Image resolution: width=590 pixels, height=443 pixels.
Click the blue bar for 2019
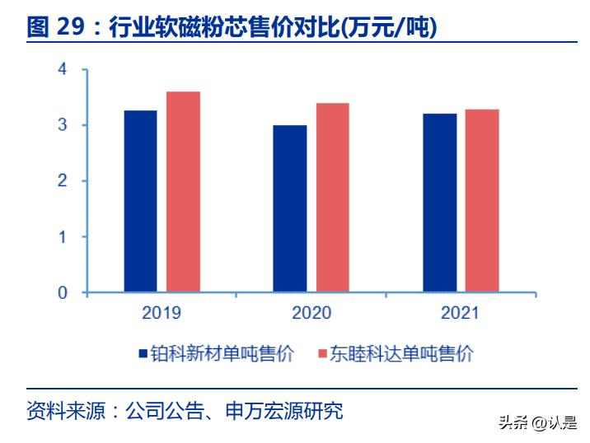tap(140, 202)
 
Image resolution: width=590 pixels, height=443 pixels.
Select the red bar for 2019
tap(183, 192)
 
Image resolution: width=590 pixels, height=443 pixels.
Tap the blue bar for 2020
tap(289, 209)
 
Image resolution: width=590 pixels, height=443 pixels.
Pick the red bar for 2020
tap(332, 198)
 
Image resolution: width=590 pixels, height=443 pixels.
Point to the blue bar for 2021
tap(439, 203)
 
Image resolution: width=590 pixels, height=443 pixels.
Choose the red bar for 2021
tap(482, 201)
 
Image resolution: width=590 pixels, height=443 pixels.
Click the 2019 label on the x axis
tap(162, 313)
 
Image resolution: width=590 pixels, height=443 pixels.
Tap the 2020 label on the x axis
tap(311, 313)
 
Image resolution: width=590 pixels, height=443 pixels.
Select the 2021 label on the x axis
tap(461, 313)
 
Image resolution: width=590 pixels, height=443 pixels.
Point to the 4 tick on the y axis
tap(62, 69)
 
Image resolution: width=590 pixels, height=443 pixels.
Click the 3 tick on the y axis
tap(62, 125)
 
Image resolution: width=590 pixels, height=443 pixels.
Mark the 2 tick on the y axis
tap(62, 181)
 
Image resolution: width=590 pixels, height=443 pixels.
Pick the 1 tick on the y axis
tap(62, 237)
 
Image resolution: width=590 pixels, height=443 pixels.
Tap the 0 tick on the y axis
tap(62, 293)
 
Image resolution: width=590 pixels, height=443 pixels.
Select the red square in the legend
tap(322, 354)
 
